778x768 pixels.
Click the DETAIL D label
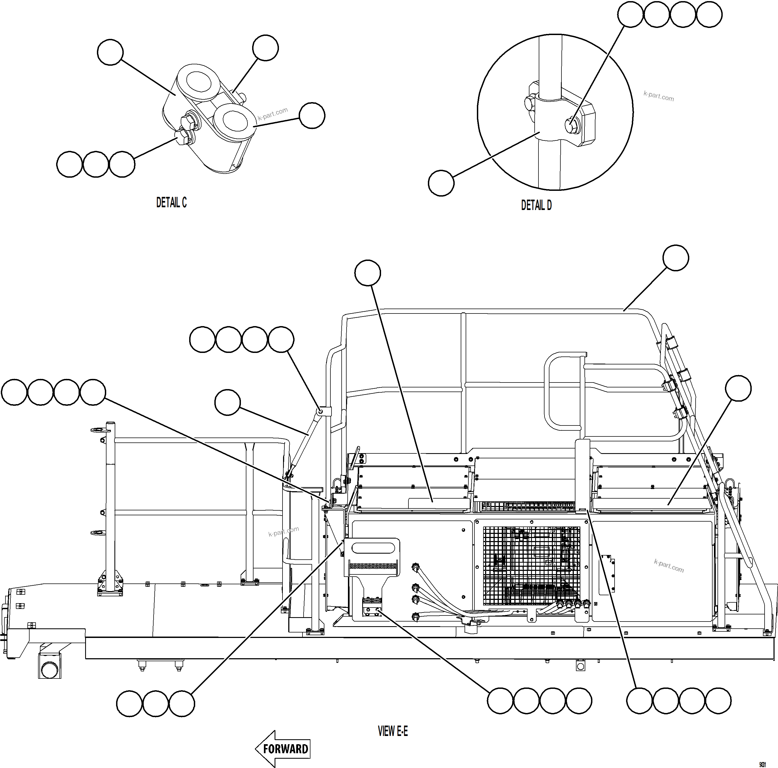pyautogui.click(x=536, y=205)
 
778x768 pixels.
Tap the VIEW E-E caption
pyautogui.click(x=393, y=731)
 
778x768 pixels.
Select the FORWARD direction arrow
pyautogui.click(x=283, y=749)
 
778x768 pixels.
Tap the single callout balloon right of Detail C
pyautogui.click(x=312, y=116)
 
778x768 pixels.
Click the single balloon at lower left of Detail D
pyautogui.click(x=441, y=183)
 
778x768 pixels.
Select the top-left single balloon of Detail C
pyautogui.click(x=110, y=52)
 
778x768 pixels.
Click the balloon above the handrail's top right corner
pyautogui.click(x=676, y=258)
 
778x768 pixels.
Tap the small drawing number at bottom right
pyautogui.click(x=762, y=764)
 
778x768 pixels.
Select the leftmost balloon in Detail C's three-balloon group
pyautogui.click(x=70, y=164)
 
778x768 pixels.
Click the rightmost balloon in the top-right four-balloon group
pyautogui.click(x=709, y=15)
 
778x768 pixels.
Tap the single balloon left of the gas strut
pyautogui.click(x=227, y=402)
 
